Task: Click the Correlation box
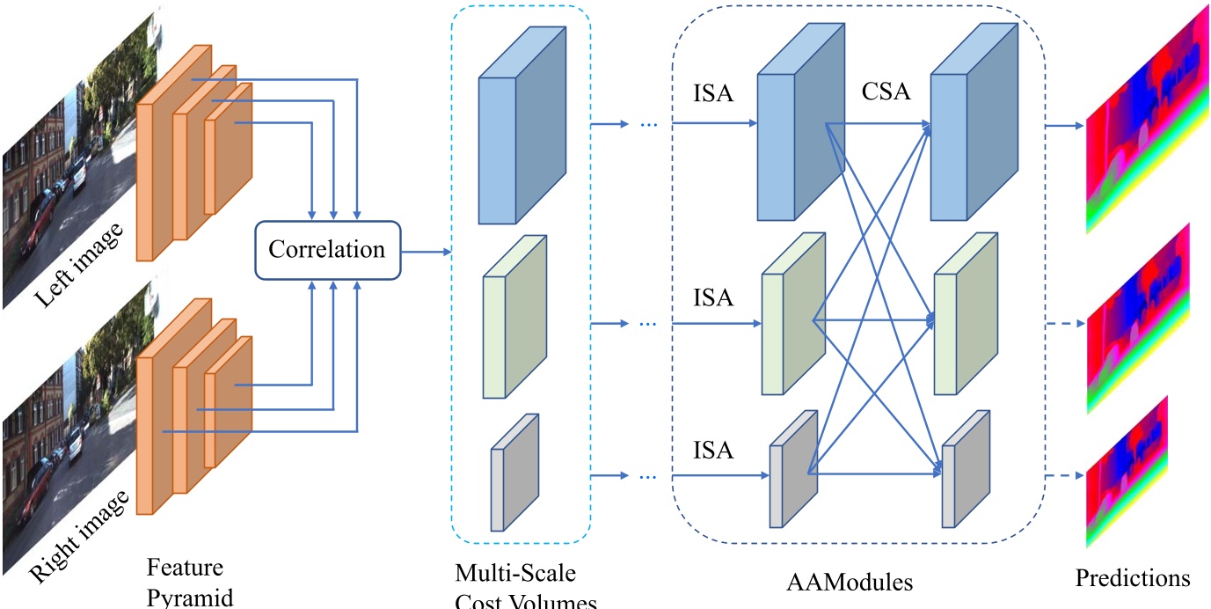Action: (x=327, y=250)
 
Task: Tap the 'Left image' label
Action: (x=79, y=265)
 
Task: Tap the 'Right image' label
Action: (x=79, y=536)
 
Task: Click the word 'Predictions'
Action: (x=1133, y=578)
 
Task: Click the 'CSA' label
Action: (x=886, y=91)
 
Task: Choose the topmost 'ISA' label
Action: (x=713, y=93)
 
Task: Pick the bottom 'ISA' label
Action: (x=713, y=450)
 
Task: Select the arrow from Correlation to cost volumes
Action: (x=426, y=252)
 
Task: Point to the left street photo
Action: (x=70, y=158)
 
